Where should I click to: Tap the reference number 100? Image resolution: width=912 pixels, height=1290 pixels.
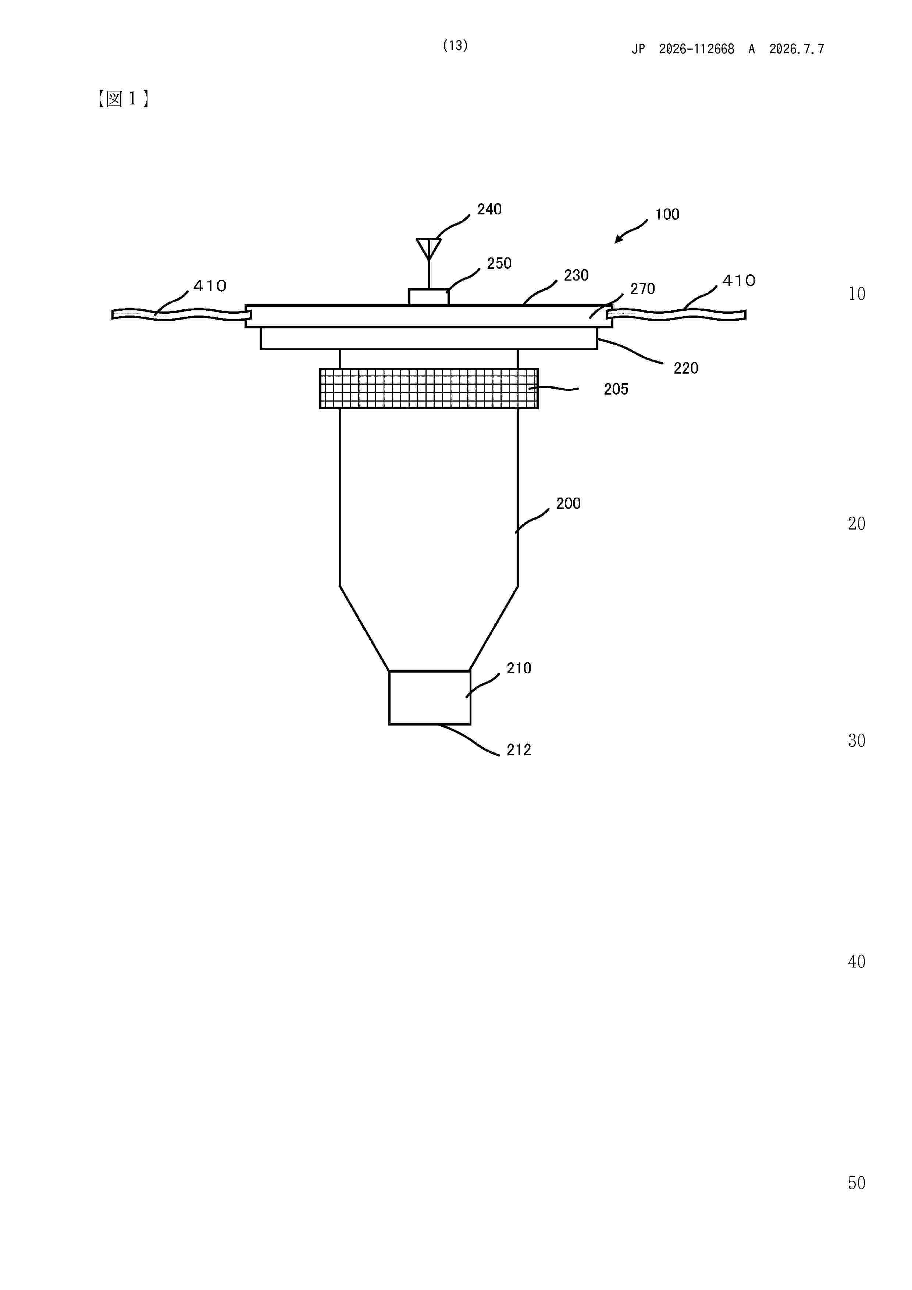coord(667,215)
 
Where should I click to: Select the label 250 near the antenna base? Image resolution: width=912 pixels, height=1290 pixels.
coord(499,264)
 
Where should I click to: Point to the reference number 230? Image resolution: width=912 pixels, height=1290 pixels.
coord(576,275)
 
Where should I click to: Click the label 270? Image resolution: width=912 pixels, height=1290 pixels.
coord(642,289)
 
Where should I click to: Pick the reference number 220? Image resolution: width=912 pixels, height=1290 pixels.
coord(685,368)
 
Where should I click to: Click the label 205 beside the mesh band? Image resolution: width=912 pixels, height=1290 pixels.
coord(616,389)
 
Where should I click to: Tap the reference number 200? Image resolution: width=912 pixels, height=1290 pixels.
coord(568,503)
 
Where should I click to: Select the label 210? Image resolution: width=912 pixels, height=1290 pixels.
coord(519,668)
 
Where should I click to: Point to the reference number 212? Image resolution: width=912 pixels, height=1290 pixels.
coord(519,750)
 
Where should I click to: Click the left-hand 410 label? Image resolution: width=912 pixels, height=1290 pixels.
coord(210,286)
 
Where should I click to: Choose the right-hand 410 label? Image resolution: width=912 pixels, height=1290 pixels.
coord(739,280)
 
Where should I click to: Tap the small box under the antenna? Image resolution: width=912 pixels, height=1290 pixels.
coord(429,297)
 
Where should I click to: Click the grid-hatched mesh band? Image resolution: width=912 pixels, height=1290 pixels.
coord(429,388)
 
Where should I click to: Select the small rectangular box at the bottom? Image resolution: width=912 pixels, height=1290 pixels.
coord(430,698)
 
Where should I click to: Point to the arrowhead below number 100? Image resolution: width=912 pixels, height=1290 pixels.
coord(618,240)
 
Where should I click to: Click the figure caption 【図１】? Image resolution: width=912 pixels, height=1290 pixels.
coord(123,99)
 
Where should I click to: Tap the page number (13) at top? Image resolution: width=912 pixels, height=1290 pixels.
coord(455,46)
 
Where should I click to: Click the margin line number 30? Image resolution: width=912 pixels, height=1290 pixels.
coord(856,741)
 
